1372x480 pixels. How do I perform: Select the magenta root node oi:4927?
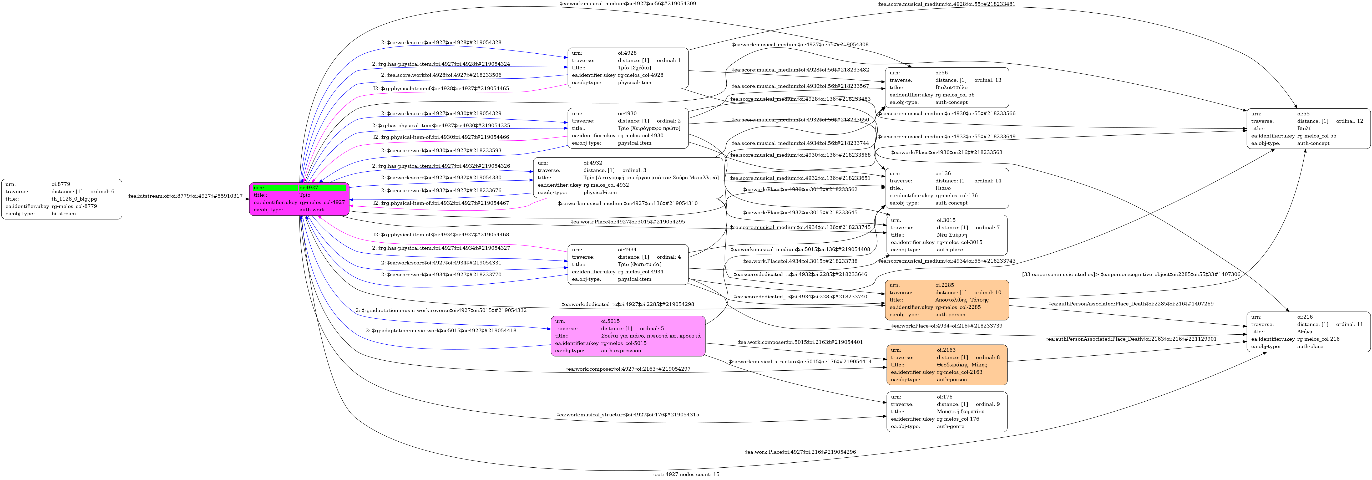[x=299, y=199]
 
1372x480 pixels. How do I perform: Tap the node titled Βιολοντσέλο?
[x=946, y=87]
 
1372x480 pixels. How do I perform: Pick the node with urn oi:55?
[x=1308, y=128]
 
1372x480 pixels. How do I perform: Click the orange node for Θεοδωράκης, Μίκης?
[x=946, y=365]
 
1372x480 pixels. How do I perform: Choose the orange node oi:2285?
[x=946, y=300]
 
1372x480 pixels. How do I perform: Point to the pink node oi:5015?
[x=628, y=336]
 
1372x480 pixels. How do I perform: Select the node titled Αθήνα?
[x=1308, y=331]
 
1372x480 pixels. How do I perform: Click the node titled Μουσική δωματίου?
[x=946, y=411]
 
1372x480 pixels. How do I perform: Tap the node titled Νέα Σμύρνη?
[x=946, y=235]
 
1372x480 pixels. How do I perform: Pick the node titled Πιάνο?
[x=946, y=188]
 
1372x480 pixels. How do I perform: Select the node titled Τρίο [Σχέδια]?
[x=628, y=68]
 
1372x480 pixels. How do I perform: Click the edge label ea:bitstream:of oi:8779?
[x=185, y=196]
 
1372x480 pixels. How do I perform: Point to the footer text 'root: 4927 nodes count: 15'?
[x=685, y=474]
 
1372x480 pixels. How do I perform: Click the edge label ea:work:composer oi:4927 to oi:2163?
[x=627, y=369]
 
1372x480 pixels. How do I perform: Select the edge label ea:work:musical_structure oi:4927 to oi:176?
[x=627, y=415]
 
